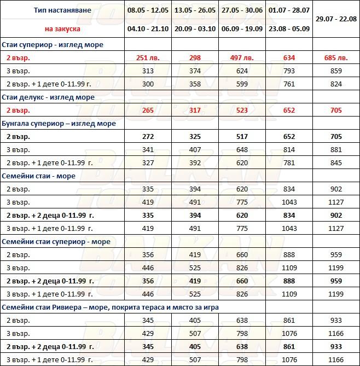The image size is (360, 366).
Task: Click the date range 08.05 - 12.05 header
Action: tap(148, 10)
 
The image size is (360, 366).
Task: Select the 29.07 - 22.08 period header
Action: tap(336, 19)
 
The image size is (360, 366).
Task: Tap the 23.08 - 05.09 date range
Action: tap(289, 28)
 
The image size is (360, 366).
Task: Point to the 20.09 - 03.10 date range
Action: tap(195, 28)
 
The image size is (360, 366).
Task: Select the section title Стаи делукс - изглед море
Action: tap(49, 97)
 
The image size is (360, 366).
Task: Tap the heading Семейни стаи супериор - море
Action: tap(56, 242)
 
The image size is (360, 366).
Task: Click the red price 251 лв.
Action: tap(148, 58)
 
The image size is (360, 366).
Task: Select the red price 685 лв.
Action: tap(336, 58)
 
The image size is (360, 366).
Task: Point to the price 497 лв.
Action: tap(241, 58)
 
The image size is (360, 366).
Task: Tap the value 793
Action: tap(289, 71)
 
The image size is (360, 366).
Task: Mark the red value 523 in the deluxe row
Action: tap(241, 111)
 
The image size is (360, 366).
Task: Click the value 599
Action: tap(241, 84)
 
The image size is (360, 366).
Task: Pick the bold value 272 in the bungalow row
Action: tap(148, 137)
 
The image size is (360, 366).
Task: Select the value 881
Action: tap(336, 150)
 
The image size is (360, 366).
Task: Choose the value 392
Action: tap(195, 163)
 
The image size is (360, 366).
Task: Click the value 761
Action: tap(289, 84)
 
